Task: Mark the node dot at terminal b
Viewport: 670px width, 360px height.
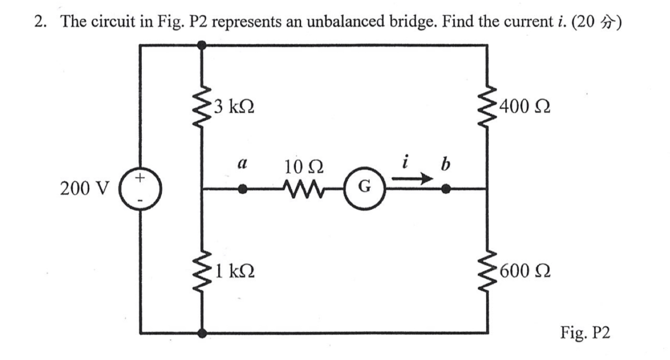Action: pyautogui.click(x=445, y=189)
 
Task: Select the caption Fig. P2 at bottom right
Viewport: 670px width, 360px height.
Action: pyautogui.click(x=585, y=332)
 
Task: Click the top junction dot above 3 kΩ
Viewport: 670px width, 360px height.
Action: pyautogui.click(x=201, y=45)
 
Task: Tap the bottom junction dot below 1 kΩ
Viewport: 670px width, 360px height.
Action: pyautogui.click(x=201, y=332)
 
